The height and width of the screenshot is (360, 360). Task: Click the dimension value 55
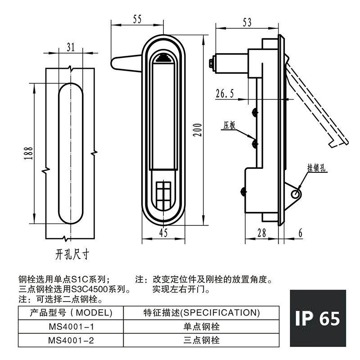coord(137,19)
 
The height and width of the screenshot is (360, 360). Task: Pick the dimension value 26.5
coord(225,94)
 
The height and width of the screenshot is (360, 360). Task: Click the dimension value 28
coord(261,233)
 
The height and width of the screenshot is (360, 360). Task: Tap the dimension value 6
coord(300,233)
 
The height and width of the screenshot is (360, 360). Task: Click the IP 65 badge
coord(318,318)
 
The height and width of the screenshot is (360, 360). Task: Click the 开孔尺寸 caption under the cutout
coord(72,255)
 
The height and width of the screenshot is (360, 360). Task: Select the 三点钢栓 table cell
coord(201,340)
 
